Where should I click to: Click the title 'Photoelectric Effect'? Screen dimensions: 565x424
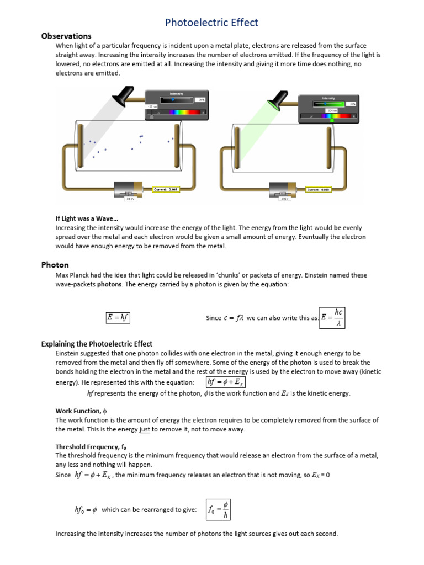pos(212,23)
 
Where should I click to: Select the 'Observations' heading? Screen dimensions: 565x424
pos(66,36)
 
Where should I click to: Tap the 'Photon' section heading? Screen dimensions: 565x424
pos(55,265)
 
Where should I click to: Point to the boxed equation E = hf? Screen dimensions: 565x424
pos(118,317)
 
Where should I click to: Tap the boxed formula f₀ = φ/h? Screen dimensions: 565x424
pos(219,509)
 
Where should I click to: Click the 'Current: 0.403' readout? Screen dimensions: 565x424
pos(165,189)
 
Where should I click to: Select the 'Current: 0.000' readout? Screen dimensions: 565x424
pos(320,189)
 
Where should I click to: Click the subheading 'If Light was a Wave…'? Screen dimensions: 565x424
pos(87,219)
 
